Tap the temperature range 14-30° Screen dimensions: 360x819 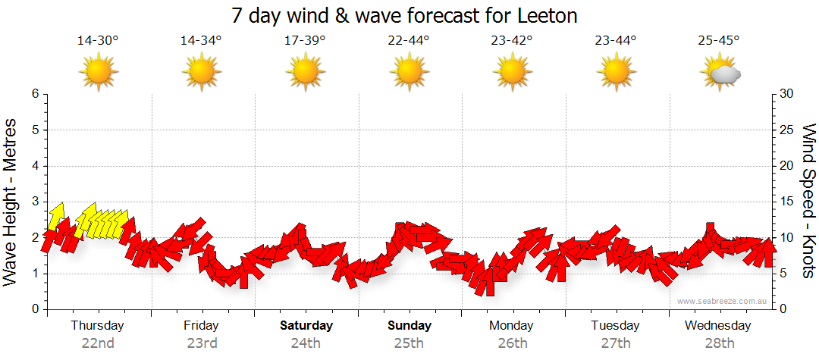point(98,41)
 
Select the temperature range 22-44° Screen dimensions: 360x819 point(408,41)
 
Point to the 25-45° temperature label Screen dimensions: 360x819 point(719,41)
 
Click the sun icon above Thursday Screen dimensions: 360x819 point(98,72)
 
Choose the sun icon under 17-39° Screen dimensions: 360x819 point(305,72)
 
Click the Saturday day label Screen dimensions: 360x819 point(306,326)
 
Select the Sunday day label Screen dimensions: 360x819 point(409,326)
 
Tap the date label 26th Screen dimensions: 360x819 point(513,343)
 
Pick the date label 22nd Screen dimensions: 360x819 point(98,343)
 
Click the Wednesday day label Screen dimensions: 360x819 point(718,326)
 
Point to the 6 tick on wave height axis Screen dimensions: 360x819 point(35,94)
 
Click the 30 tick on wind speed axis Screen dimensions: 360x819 point(786,94)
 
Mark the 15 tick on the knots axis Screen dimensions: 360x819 point(786,202)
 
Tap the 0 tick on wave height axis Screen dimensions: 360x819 point(35,309)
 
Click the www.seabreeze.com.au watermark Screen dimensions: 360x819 point(723,301)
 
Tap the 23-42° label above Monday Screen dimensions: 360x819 point(512,41)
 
